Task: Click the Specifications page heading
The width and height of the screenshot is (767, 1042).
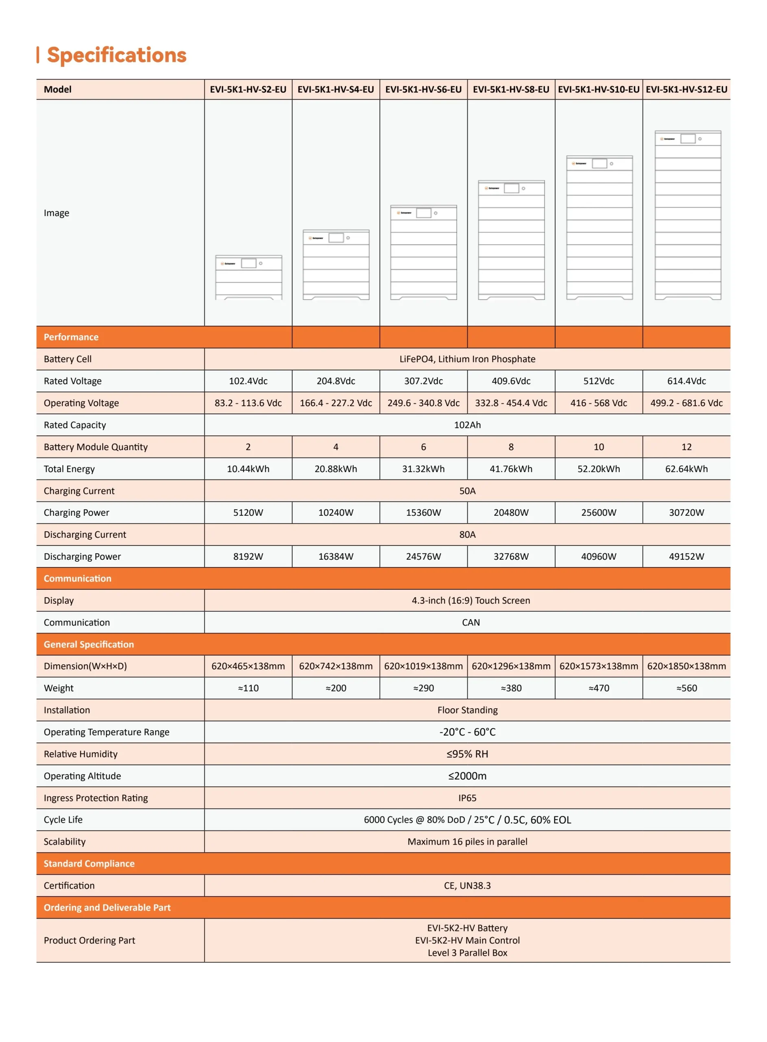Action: click(x=116, y=55)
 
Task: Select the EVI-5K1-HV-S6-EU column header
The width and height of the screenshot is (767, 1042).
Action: click(x=423, y=89)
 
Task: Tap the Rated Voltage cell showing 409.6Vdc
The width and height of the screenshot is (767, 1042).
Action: click(x=511, y=381)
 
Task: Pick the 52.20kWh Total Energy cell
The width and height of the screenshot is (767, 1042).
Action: click(x=599, y=469)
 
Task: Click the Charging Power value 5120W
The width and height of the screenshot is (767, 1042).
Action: click(x=248, y=512)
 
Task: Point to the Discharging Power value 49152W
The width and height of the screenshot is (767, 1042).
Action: click(x=686, y=556)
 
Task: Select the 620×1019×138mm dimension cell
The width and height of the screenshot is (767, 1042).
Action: click(x=423, y=666)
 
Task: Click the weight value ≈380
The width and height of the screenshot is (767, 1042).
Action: click(x=511, y=688)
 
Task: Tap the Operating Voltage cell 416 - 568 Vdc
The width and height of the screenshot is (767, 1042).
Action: click(x=599, y=403)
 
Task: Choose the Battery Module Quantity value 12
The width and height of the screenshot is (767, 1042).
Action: click(x=686, y=447)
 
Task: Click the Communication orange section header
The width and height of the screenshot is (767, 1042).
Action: click(x=78, y=578)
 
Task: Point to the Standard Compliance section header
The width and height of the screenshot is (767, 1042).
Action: click(x=89, y=864)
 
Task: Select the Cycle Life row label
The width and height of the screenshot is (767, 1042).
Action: click(x=63, y=819)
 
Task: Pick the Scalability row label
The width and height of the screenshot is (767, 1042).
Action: click(x=65, y=841)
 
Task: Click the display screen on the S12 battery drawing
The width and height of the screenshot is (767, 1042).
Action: click(x=688, y=139)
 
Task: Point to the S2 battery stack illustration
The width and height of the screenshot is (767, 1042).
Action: click(x=248, y=277)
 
